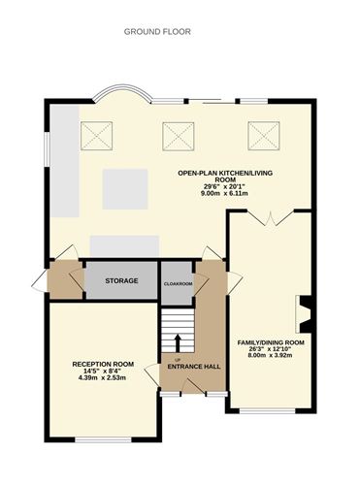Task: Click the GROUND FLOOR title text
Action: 157,31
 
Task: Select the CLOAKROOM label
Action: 178,283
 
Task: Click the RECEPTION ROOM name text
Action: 103,364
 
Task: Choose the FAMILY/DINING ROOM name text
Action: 271,342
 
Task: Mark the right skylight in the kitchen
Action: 263,135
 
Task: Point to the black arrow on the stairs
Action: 179,341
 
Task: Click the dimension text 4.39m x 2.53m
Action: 103,377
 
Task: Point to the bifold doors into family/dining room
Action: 268,220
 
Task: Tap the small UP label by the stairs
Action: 176,358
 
